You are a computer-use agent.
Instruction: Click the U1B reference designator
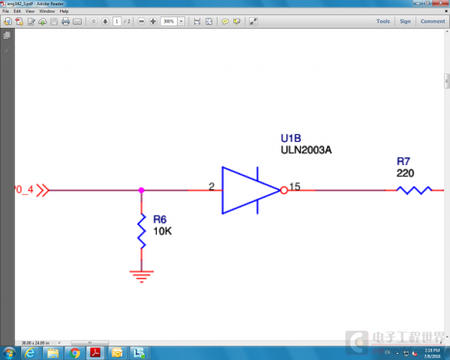pyautogui.click(x=291, y=139)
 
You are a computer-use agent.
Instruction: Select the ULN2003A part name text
pyautogui.click(x=306, y=150)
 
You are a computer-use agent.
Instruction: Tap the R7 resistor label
pyautogui.click(x=403, y=161)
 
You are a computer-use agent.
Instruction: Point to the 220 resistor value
pyautogui.click(x=405, y=172)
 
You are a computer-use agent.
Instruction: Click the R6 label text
pyautogui.click(x=160, y=220)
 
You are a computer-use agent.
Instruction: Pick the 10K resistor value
pyautogui.click(x=163, y=231)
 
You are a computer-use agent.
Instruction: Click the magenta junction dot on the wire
pyautogui.click(x=141, y=190)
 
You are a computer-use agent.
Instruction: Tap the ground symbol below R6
pyautogui.click(x=141, y=274)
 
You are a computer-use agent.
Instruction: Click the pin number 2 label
pyautogui.click(x=211, y=186)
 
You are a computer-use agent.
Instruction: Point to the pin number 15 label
pyautogui.click(x=295, y=186)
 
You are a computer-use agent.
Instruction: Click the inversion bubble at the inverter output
pyautogui.click(x=283, y=190)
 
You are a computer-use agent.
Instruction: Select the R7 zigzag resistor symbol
pyautogui.click(x=414, y=190)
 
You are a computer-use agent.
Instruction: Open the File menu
pyautogui.click(x=6, y=12)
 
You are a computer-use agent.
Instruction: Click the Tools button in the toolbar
pyautogui.click(x=383, y=21)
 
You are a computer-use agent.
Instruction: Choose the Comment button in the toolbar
pyautogui.click(x=433, y=21)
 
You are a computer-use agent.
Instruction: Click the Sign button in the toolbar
pyautogui.click(x=405, y=21)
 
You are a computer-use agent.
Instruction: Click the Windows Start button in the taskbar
pyautogui.click(x=9, y=352)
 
